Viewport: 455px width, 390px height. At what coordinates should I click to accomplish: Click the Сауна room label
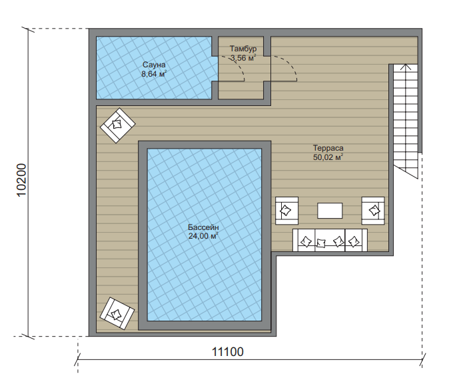pos(154,65)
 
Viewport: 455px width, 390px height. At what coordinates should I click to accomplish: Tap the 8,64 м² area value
pos(154,74)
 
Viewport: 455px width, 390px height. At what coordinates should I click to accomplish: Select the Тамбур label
pos(243,49)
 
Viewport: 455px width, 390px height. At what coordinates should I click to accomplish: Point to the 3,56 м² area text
pos(243,58)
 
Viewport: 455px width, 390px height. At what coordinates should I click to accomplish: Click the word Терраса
pos(328,148)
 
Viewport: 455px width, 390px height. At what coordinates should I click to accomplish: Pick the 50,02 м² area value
pos(328,157)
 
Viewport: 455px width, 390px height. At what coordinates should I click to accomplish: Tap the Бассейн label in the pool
pos(203,227)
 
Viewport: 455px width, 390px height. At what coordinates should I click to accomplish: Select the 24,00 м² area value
pos(203,236)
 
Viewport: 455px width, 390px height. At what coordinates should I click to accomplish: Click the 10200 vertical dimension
pos(22,181)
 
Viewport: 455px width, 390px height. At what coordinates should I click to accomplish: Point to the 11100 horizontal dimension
pos(228,352)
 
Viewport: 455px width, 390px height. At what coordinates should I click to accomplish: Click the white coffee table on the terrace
pos(330,211)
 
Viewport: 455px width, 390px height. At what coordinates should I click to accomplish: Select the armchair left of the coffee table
pos(286,211)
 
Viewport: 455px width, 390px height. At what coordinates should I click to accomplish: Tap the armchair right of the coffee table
pos(373,211)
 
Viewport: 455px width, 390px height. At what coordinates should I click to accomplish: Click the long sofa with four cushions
pos(330,240)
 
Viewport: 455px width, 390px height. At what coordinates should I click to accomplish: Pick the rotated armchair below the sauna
pos(117,125)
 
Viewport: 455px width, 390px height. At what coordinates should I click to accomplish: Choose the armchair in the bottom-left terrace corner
pos(117,313)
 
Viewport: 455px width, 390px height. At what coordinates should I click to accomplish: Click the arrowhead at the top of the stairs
pos(406,67)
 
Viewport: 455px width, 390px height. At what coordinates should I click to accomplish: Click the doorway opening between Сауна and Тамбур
pos(215,69)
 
